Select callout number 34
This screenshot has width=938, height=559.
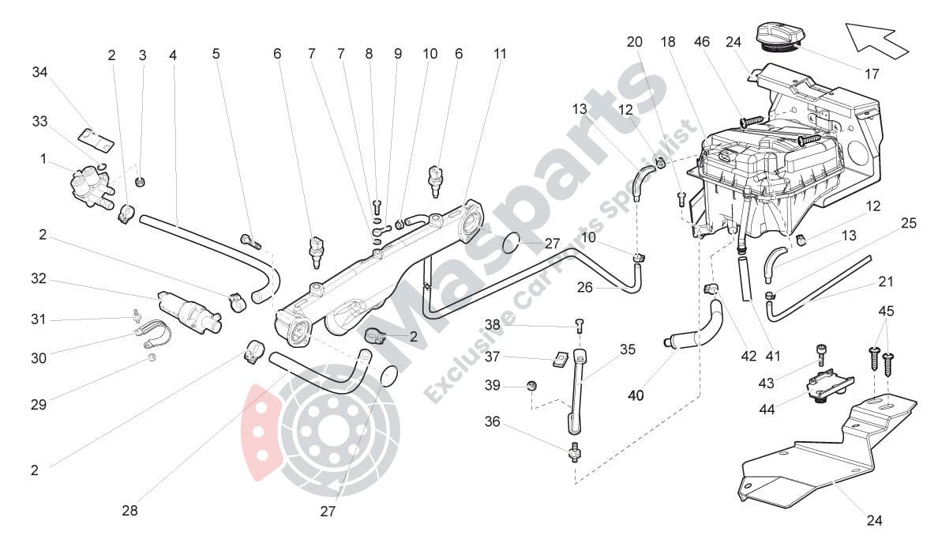(40, 73)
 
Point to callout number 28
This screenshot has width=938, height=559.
(129, 511)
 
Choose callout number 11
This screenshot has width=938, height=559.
(500, 55)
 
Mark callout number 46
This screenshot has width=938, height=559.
(702, 42)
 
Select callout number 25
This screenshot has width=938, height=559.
(909, 223)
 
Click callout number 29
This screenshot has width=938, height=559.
(38, 404)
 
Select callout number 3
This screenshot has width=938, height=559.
(142, 55)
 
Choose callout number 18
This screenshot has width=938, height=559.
(668, 42)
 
